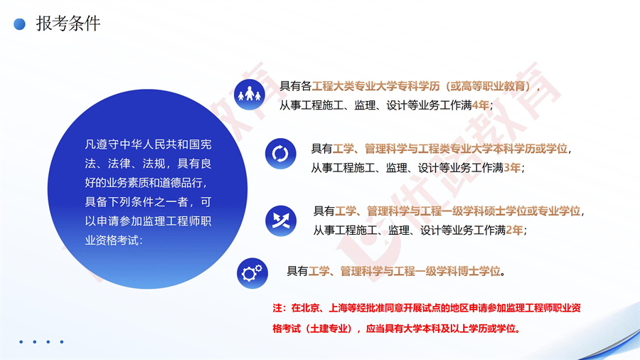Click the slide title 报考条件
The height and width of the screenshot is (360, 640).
tap(68, 23)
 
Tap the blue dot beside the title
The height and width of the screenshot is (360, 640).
tap(21, 24)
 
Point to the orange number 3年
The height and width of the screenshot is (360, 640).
tap(512, 168)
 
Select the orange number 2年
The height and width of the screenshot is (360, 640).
tap(515, 230)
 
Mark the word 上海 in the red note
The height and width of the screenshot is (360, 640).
tap(338, 308)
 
